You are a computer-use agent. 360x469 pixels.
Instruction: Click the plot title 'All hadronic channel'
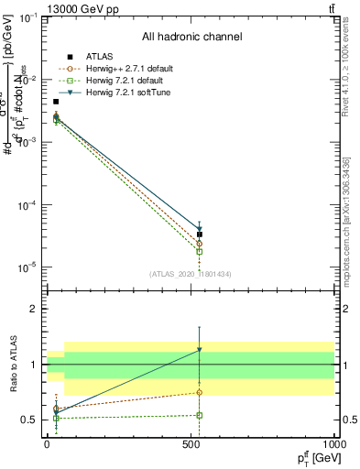pos(191,37)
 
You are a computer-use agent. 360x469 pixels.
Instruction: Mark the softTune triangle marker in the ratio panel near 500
pos(200,350)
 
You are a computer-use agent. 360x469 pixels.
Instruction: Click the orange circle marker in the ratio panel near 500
pos(200,393)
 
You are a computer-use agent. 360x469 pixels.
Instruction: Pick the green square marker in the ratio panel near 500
pos(200,415)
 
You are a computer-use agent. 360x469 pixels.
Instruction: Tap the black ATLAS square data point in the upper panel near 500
pos(200,234)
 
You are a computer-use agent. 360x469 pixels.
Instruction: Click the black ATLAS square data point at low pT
pos(56,102)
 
